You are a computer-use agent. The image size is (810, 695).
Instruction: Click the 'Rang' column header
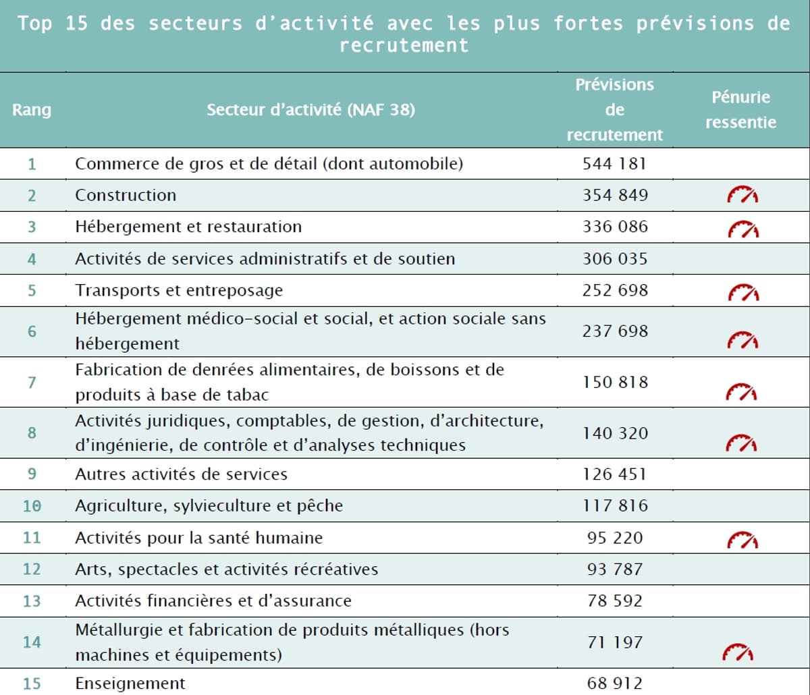point(32,109)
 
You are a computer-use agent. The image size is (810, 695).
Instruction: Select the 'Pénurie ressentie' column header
point(740,109)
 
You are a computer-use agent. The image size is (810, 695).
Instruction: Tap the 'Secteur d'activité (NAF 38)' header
point(310,109)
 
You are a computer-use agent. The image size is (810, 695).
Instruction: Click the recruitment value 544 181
point(614,163)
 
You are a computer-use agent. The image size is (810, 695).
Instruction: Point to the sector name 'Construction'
point(126,195)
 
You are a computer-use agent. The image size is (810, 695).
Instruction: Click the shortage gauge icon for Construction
point(742,196)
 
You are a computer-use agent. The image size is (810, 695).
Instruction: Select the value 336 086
point(614,226)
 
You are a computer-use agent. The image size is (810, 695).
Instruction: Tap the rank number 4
point(32,258)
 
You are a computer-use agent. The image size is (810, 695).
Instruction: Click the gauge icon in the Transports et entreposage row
point(742,293)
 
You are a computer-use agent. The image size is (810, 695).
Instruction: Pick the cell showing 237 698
point(614,331)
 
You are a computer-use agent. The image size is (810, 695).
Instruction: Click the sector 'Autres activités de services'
point(181,474)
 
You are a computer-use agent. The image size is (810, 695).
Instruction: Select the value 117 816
point(614,505)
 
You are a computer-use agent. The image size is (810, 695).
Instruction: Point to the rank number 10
point(32,505)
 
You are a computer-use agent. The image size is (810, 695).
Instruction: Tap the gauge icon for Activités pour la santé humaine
point(742,540)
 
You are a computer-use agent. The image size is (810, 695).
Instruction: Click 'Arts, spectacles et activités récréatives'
point(226,569)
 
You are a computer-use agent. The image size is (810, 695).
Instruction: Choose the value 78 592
point(614,601)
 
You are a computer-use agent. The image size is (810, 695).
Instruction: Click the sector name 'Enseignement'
point(130,683)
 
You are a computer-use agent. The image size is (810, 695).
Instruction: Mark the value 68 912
point(614,683)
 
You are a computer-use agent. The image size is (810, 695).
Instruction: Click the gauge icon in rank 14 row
point(738,652)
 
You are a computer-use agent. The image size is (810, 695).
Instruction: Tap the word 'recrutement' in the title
point(404,45)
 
